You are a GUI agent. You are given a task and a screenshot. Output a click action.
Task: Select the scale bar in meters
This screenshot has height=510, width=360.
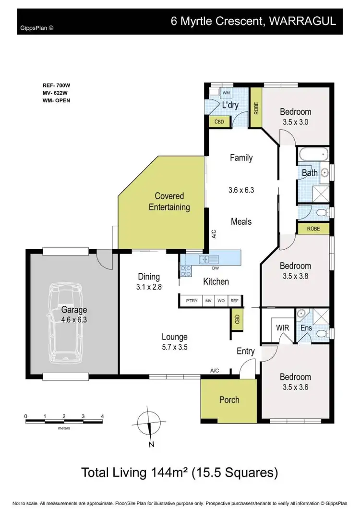(x=64, y=421)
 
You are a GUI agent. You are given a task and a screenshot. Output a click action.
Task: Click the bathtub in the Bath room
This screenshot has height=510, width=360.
(x=313, y=156)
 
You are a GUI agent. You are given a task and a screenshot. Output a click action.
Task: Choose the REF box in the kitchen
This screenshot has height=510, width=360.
(x=234, y=301)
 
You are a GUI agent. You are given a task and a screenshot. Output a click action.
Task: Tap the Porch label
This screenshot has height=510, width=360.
(x=229, y=400)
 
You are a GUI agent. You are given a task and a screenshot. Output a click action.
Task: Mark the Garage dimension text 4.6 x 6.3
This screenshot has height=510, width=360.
(x=74, y=318)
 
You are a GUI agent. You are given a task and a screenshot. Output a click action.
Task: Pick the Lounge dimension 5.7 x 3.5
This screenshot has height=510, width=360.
(x=174, y=347)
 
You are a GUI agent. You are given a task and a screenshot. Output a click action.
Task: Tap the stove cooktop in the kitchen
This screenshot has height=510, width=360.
(x=186, y=271)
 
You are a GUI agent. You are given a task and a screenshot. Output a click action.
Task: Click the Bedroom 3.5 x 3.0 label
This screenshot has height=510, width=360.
(x=295, y=117)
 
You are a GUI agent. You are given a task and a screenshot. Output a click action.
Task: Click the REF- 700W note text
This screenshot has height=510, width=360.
(x=56, y=85)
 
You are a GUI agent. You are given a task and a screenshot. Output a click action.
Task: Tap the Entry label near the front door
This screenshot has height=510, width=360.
(x=245, y=352)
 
